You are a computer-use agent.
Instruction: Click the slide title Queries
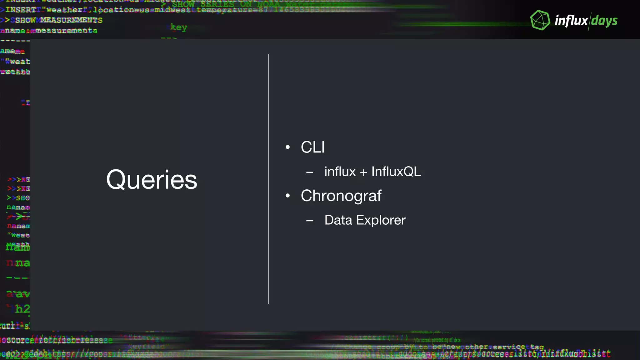tap(152, 180)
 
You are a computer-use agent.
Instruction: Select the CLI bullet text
tap(312, 147)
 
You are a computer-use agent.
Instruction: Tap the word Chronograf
tap(341, 196)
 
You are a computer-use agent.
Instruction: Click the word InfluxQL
tap(396, 172)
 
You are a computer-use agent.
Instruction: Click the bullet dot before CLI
tap(287, 147)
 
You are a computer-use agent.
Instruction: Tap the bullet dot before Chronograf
tap(287, 196)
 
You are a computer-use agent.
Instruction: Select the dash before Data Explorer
tap(310, 221)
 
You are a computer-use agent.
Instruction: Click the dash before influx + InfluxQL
tap(310, 172)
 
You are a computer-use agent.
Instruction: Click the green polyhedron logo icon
tap(540, 20)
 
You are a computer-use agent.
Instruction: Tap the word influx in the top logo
tap(571, 21)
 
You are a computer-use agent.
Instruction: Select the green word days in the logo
tap(604, 21)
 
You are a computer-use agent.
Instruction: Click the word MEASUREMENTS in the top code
tap(71, 20)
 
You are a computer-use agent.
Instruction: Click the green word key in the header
tap(178, 27)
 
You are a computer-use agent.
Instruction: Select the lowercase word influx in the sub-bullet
tap(340, 172)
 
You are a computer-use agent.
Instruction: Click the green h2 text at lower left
tap(22, 309)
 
